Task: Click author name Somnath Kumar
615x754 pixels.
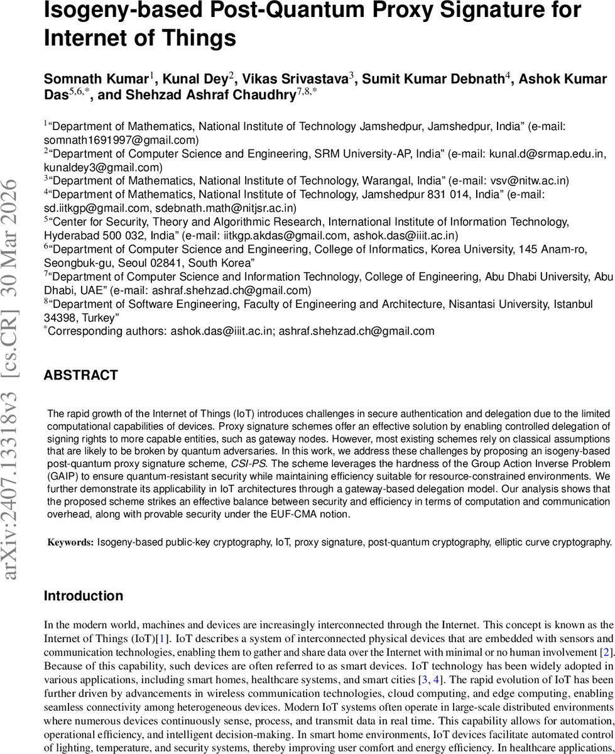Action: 95,79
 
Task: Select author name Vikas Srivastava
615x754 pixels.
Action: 295,79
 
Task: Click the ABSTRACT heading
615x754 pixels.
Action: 80,376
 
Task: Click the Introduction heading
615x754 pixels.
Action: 84,596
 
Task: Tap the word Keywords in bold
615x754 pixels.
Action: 71,542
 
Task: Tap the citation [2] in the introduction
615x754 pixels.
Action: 607,651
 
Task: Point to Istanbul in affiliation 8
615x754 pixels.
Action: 572,304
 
